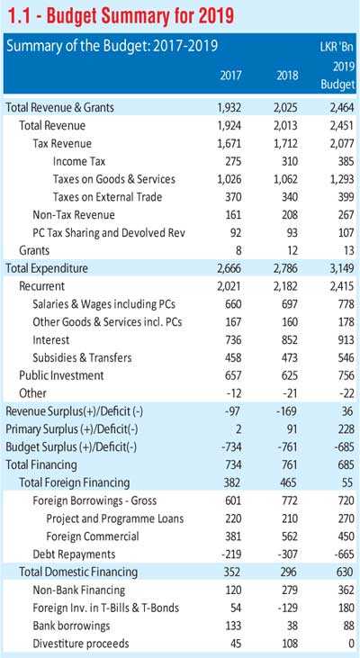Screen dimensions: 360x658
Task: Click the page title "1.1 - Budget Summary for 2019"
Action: (x=120, y=17)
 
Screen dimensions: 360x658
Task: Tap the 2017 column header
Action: (x=231, y=76)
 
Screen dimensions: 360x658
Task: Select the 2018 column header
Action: (x=287, y=76)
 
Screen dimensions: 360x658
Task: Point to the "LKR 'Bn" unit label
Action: (x=337, y=46)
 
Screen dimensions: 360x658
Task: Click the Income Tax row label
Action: (x=79, y=161)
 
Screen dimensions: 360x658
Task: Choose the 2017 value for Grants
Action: (x=238, y=251)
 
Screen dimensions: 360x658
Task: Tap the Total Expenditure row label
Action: (x=47, y=268)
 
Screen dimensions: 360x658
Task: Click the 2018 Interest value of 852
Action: (x=288, y=340)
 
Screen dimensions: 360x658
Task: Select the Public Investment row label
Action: (x=61, y=375)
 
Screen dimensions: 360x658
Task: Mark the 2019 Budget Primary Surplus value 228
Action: (x=346, y=429)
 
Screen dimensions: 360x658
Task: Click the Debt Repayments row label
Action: (x=74, y=554)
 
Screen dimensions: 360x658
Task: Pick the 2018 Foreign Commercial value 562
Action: (x=288, y=536)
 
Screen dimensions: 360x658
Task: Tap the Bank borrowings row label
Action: (x=71, y=626)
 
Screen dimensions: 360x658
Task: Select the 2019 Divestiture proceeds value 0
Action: (x=352, y=644)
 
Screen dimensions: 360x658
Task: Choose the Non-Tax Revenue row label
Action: (x=74, y=215)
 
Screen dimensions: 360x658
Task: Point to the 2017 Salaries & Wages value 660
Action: (x=232, y=304)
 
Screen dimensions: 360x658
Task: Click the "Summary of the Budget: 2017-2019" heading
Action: (x=112, y=46)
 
